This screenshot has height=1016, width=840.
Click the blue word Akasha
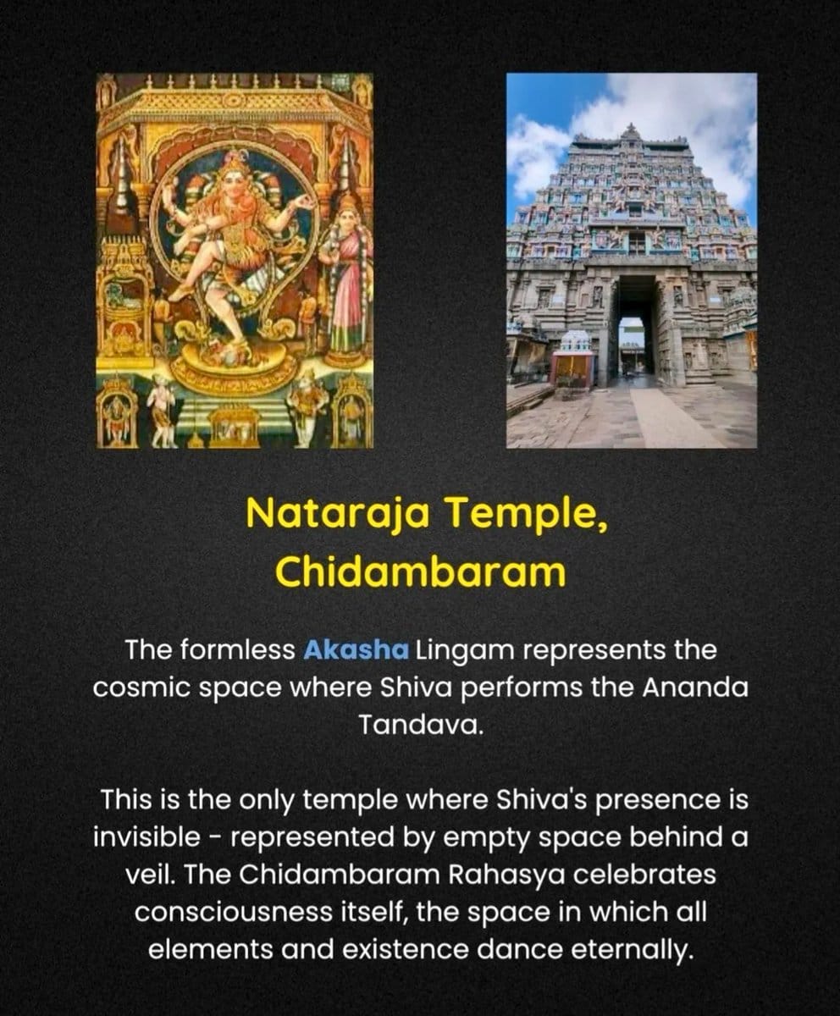point(356,649)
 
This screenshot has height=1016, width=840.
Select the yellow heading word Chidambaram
point(421,571)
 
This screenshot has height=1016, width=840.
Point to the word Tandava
point(422,725)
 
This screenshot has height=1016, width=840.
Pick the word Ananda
point(694,687)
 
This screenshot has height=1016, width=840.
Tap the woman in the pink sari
point(346,275)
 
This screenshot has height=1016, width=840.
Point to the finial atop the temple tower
point(631,130)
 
